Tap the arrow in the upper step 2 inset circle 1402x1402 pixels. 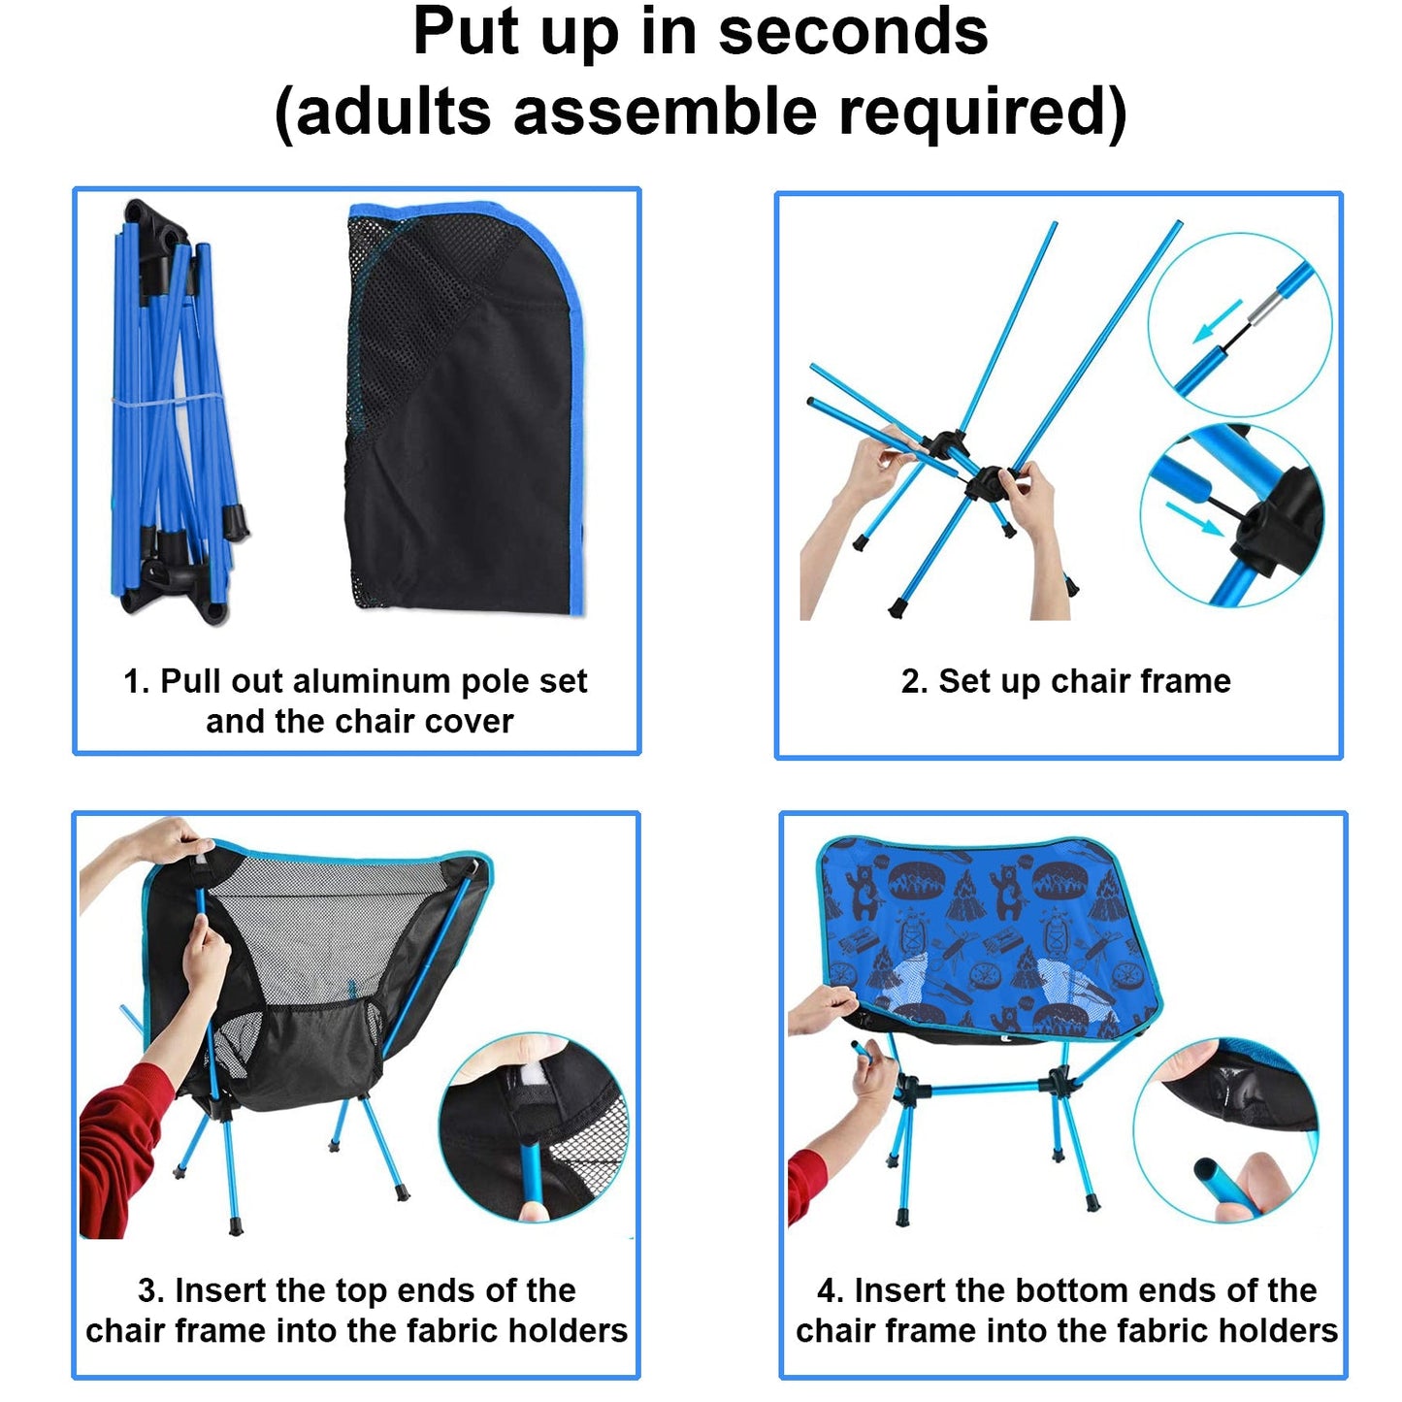(1218, 321)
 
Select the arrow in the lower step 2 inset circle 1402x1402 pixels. (1193, 518)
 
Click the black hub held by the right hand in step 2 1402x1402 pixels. (987, 482)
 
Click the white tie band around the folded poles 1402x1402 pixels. (170, 400)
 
